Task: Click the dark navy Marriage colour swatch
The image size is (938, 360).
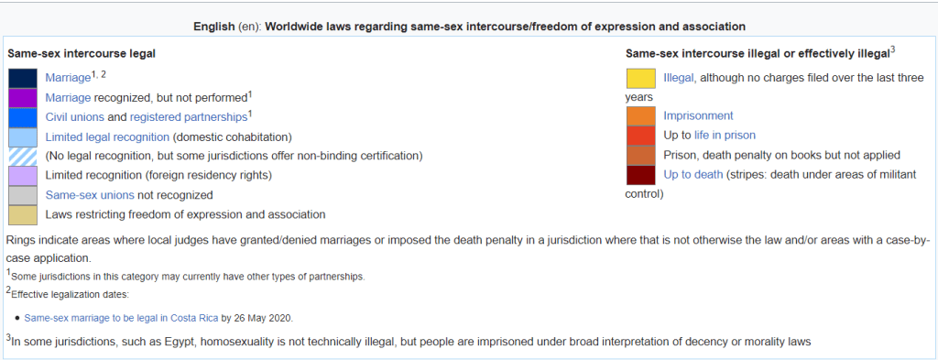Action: [23, 79]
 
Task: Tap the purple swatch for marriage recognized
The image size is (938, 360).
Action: [23, 97]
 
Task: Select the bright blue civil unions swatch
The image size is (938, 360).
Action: [23, 117]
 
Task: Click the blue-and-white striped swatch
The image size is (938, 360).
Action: [23, 156]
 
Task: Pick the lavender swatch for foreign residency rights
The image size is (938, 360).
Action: [23, 176]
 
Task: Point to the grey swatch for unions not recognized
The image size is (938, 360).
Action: [23, 195]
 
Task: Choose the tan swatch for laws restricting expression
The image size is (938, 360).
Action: [23, 214]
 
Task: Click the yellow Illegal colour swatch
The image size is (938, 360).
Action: [641, 79]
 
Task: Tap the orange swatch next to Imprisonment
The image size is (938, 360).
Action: [641, 116]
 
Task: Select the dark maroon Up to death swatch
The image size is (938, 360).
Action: [641, 175]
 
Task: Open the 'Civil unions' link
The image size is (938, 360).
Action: [75, 117]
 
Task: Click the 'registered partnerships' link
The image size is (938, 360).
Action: [189, 117]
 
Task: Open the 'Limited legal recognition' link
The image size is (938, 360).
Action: [107, 136]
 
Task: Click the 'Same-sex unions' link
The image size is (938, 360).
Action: [91, 195]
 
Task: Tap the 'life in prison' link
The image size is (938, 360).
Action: [725, 136]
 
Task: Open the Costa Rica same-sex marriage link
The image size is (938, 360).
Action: [122, 318]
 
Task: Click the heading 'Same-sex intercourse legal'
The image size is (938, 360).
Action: [82, 53]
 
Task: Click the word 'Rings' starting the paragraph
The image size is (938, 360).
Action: [19, 240]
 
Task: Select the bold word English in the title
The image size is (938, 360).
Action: [214, 27]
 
